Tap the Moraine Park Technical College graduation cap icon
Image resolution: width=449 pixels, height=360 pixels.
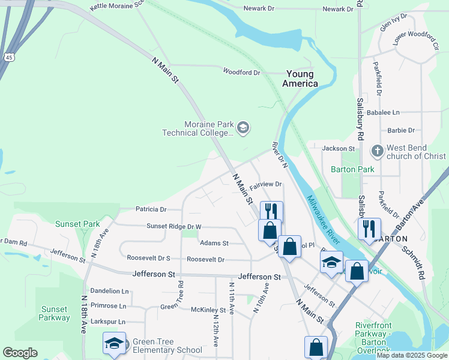[x=243, y=127]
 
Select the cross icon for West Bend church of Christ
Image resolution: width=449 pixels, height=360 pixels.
[x=377, y=150]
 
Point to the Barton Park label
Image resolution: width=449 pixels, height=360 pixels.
[x=352, y=169]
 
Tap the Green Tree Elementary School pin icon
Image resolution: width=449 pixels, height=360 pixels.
[x=114, y=343]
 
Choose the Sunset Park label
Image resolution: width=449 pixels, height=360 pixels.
[x=77, y=224]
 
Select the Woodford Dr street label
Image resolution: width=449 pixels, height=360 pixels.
[x=241, y=72]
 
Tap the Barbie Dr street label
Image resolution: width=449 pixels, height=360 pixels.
[x=401, y=130]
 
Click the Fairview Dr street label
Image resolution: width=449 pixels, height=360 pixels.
[x=266, y=184]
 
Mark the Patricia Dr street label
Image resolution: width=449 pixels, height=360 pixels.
[x=151, y=209]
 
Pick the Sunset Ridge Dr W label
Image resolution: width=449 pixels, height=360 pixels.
[x=174, y=226]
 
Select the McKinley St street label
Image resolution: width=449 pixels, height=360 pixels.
[x=208, y=310]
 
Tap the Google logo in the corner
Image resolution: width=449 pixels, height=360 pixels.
[x=20, y=353]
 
